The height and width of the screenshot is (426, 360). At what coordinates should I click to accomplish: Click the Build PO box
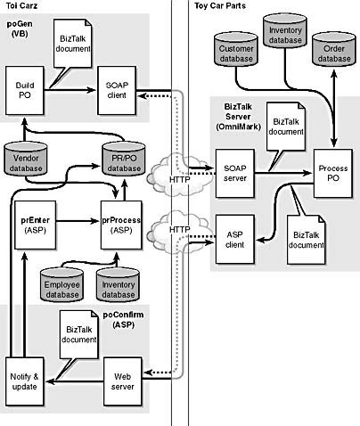[25, 90]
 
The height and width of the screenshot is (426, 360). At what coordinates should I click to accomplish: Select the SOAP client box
[117, 90]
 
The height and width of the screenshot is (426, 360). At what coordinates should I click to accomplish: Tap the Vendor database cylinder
[26, 160]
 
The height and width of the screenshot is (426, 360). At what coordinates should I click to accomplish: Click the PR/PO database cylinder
[124, 160]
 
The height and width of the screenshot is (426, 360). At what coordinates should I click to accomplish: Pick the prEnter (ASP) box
[35, 225]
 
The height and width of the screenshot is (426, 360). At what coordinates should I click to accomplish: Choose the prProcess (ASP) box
[121, 225]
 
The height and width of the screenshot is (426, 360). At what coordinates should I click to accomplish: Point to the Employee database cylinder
[61, 285]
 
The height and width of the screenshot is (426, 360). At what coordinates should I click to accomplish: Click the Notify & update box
[25, 381]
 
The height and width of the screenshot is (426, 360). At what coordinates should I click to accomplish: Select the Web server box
[122, 381]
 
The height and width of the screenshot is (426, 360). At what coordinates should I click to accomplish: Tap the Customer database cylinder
[236, 50]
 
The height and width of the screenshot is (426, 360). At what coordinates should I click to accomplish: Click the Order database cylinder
[334, 50]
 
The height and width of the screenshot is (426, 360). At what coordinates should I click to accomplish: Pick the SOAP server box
[235, 174]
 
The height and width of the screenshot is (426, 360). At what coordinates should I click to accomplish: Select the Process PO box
[333, 174]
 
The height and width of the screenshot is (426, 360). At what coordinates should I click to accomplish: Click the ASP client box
[235, 240]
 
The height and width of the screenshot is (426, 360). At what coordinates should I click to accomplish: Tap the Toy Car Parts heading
[220, 5]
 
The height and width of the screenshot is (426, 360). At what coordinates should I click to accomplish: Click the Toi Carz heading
[21, 5]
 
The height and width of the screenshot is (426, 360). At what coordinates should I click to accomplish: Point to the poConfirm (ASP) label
[123, 320]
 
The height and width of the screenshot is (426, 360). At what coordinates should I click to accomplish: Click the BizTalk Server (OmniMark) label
[238, 117]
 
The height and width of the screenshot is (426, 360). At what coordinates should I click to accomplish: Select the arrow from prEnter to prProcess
[78, 221]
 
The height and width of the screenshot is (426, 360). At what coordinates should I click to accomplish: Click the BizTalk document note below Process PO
[307, 240]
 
